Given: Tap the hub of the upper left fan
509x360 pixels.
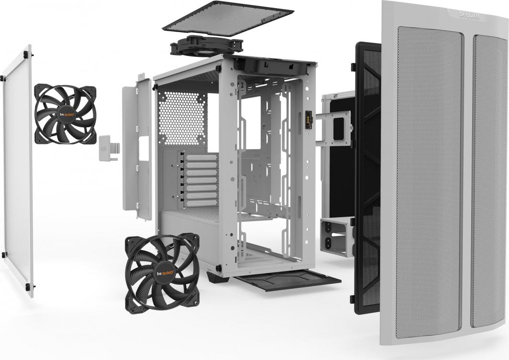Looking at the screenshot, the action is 65,114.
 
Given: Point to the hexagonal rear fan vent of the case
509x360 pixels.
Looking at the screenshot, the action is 182,118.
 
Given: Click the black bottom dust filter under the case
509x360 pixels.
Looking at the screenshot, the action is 287,280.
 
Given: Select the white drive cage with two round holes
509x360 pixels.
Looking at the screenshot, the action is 336,237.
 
